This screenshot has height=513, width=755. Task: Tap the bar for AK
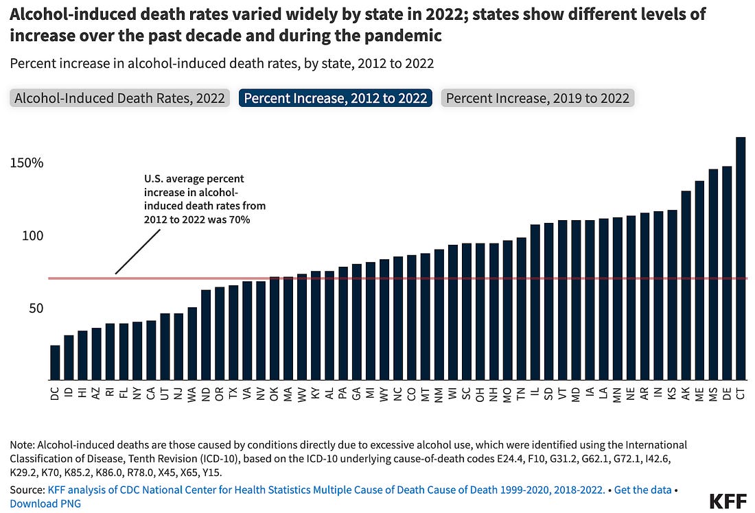pos(686,285)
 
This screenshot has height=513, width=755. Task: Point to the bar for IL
pos(535,302)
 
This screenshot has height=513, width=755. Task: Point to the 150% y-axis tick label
pos(27,163)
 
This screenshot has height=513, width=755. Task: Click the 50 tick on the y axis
pos(36,308)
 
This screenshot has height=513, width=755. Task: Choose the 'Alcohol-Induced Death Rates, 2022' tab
pos(120,98)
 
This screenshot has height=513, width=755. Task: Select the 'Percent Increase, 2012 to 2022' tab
pos(336,98)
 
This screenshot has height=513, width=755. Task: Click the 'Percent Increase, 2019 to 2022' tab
pos(537,98)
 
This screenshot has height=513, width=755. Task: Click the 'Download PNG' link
pos(45,503)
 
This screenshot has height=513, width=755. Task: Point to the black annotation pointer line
pos(137,252)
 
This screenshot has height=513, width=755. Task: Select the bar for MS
pos(713,274)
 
